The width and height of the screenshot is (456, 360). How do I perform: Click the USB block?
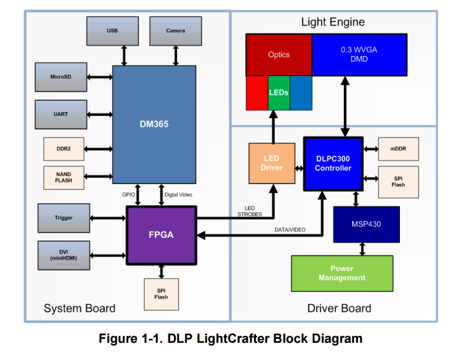coord(112,31)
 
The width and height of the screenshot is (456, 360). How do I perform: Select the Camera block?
coord(175,31)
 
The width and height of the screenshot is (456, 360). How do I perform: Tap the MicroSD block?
coord(61,77)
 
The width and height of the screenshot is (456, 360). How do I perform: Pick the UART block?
coord(61,114)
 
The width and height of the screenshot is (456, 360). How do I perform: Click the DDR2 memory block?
coord(64,148)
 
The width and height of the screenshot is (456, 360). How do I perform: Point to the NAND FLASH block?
coord(64,177)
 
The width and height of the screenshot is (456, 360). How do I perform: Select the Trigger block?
coord(64,218)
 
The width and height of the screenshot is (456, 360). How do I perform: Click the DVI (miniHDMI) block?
coord(64,254)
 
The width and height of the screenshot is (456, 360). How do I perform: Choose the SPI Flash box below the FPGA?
coord(161,293)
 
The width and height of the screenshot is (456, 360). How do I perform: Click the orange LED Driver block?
coord(271,163)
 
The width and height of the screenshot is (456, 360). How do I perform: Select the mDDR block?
coord(398,148)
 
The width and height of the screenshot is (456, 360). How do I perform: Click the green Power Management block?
coord(343,273)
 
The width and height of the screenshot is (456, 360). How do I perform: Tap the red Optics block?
coord(279,55)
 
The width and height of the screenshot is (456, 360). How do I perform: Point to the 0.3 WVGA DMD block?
coord(359,55)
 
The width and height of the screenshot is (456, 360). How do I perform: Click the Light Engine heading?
coord(333,22)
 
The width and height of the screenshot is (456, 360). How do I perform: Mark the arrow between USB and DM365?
coord(124,55)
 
